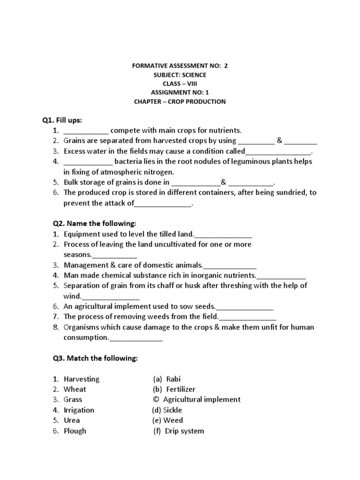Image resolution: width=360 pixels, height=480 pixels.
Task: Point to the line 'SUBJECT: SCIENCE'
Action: point(180,75)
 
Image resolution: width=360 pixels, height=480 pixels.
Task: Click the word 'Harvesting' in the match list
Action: point(82,379)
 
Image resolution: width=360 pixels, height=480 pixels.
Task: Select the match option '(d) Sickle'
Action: point(166,410)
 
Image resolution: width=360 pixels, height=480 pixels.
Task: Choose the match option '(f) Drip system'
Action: point(179,431)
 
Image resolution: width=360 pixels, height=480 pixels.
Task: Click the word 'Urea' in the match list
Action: point(72,420)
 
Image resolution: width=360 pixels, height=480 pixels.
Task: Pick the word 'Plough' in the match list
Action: point(75,431)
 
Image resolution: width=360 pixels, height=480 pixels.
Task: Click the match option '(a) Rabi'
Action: point(166,379)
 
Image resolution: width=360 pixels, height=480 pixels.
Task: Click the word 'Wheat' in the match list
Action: point(75,389)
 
